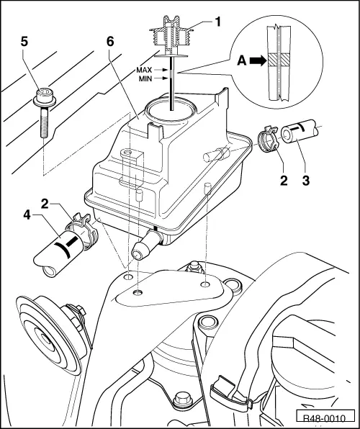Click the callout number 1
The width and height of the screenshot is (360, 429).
coord(218,22)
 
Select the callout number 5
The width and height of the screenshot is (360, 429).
coord(24,42)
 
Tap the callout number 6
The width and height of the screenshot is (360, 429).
coord(110,42)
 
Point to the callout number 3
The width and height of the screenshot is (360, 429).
coord(306,180)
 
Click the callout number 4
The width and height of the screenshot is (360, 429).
coord(27,214)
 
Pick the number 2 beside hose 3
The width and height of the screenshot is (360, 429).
coord(284,180)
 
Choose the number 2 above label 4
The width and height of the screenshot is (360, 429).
coord(45,204)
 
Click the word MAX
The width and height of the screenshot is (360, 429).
coord(144,70)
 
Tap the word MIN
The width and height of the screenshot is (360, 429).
coord(145,78)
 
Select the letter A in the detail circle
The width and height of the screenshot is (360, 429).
coord(242,60)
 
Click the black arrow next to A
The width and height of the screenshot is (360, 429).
coord(258,60)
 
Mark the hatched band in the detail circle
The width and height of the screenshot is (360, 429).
coord(279,59)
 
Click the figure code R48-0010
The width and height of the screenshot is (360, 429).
coord(325,418)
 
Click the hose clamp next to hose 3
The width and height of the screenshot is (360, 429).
coord(268,139)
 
